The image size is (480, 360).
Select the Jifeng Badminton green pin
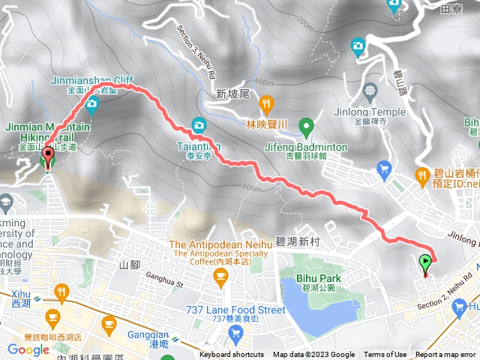tap(305, 125)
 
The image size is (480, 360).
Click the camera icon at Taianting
tap(199, 124)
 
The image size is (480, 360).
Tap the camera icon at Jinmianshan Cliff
tap(92, 103)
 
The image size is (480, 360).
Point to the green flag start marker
tap(426, 262)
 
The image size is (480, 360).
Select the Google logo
tap(28, 349)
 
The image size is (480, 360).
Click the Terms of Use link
tap(385, 355)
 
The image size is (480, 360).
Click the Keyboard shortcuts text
tap(232, 355)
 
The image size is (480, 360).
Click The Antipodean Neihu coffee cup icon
tap(220, 278)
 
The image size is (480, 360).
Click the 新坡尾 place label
tap(231, 94)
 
